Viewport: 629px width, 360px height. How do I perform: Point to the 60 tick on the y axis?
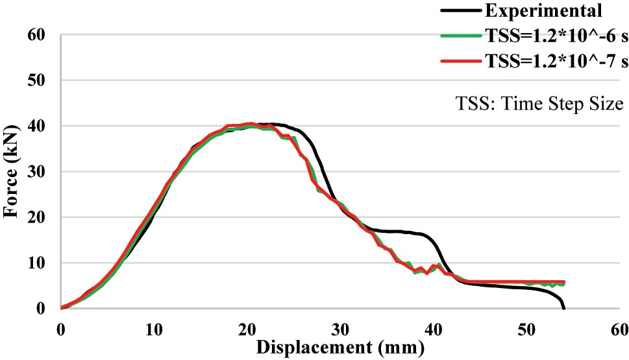pos(37,35)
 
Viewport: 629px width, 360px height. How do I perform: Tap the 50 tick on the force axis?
pos(37,80)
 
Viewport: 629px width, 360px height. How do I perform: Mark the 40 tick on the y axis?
pos(37,126)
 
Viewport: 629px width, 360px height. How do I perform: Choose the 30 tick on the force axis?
pos(37,172)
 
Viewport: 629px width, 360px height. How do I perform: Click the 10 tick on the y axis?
pos(37,263)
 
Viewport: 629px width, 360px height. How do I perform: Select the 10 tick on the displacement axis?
pos(153,329)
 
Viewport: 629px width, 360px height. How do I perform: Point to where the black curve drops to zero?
pos(563,308)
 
